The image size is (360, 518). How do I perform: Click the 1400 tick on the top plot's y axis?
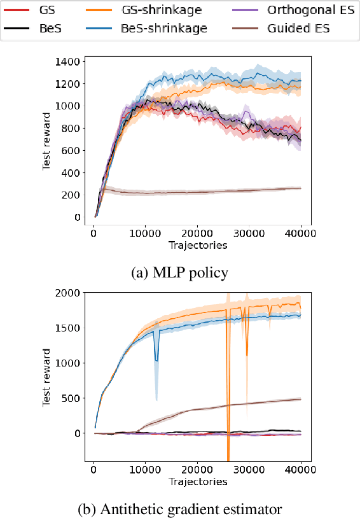[67, 62]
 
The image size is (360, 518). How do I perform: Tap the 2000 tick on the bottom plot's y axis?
[67, 293]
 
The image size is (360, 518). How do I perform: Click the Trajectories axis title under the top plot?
[197, 245]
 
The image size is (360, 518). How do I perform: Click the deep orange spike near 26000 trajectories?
[228, 445]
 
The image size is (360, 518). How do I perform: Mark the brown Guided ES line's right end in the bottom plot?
[300, 399]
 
